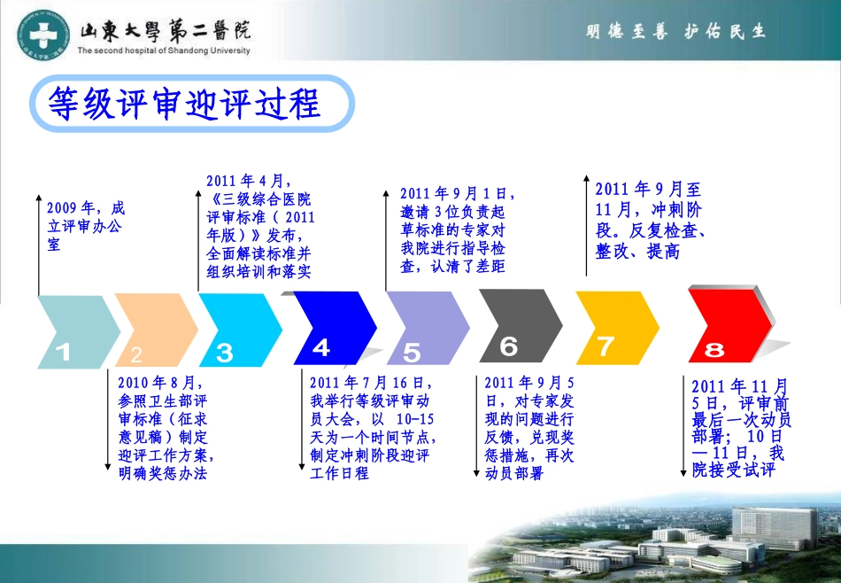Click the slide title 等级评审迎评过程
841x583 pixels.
(184, 105)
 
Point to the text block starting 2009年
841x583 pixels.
(86, 226)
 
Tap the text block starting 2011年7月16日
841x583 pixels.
(373, 428)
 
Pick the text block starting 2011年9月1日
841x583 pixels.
(454, 229)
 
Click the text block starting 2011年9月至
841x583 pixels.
(650, 220)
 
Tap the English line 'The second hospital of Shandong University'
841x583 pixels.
(164, 51)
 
